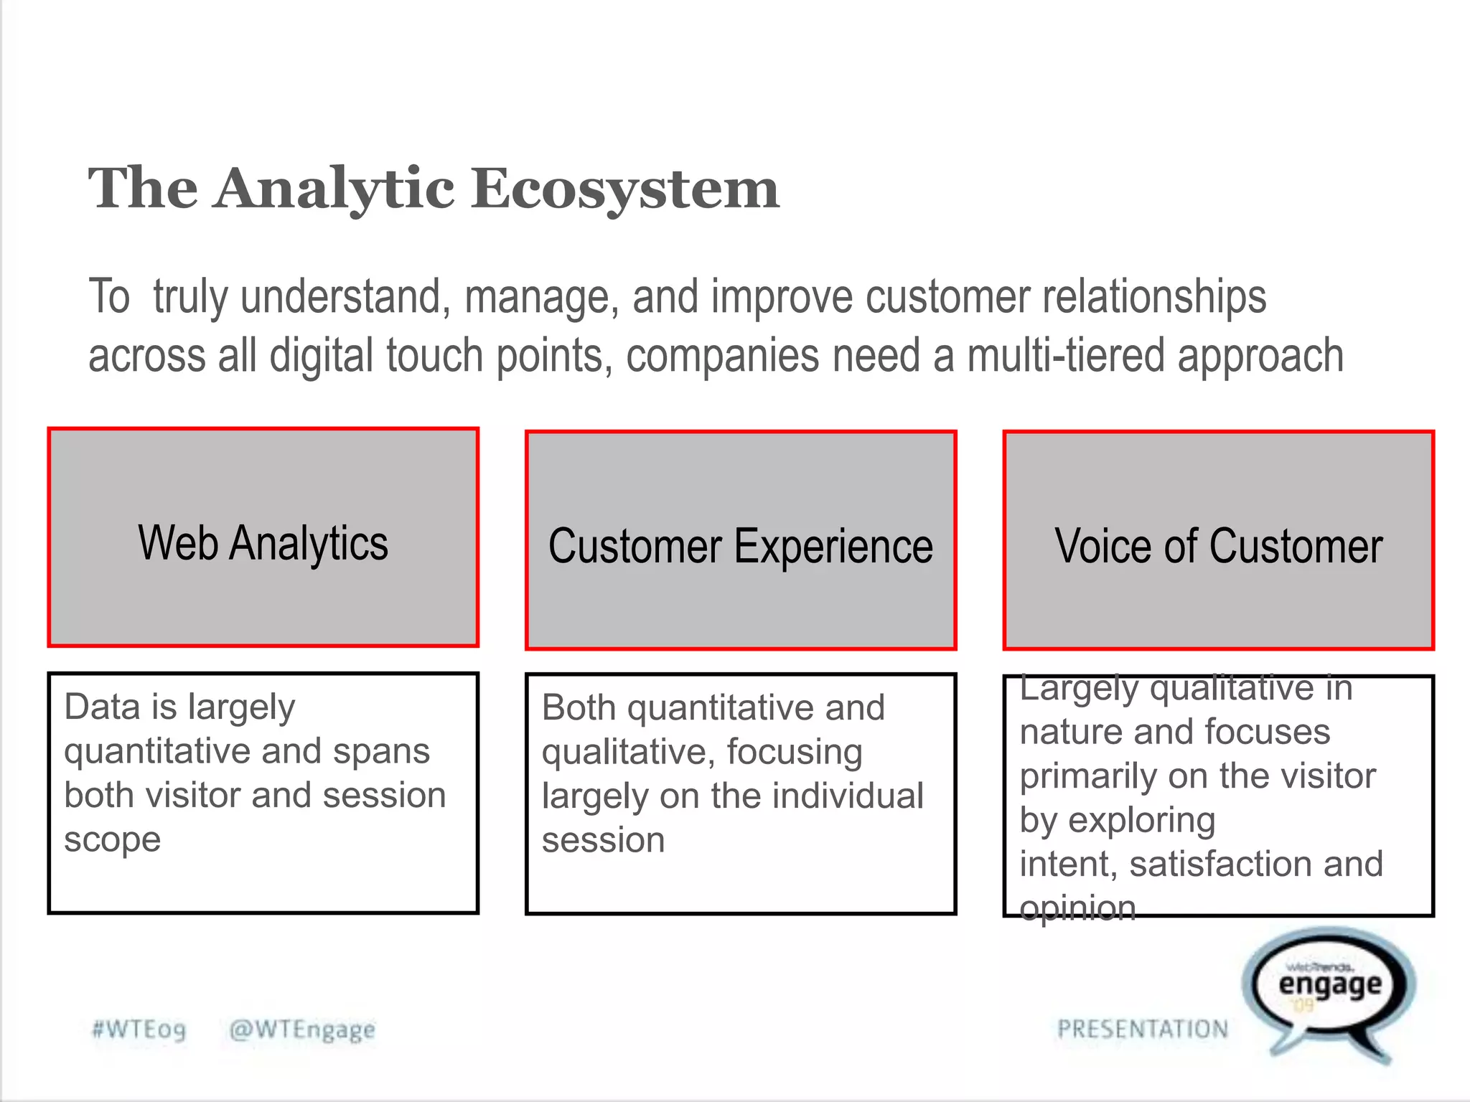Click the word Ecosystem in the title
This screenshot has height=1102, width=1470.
[624, 188]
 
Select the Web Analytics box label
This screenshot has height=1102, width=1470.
[263, 543]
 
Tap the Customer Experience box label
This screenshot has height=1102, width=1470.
[741, 547]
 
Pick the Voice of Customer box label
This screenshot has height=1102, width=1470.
[1218, 547]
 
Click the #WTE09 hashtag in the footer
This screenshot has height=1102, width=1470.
[139, 1030]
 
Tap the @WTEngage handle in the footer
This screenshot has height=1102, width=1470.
[302, 1030]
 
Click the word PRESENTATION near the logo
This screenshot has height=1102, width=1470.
[1143, 1030]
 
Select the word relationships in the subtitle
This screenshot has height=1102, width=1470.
[1154, 297]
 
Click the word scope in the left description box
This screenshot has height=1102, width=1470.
[113, 840]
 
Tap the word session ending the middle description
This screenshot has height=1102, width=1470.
[603, 840]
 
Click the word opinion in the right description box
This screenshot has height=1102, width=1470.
[1077, 908]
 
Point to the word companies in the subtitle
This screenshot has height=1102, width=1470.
[722, 356]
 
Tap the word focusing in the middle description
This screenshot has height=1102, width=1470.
[795, 752]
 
